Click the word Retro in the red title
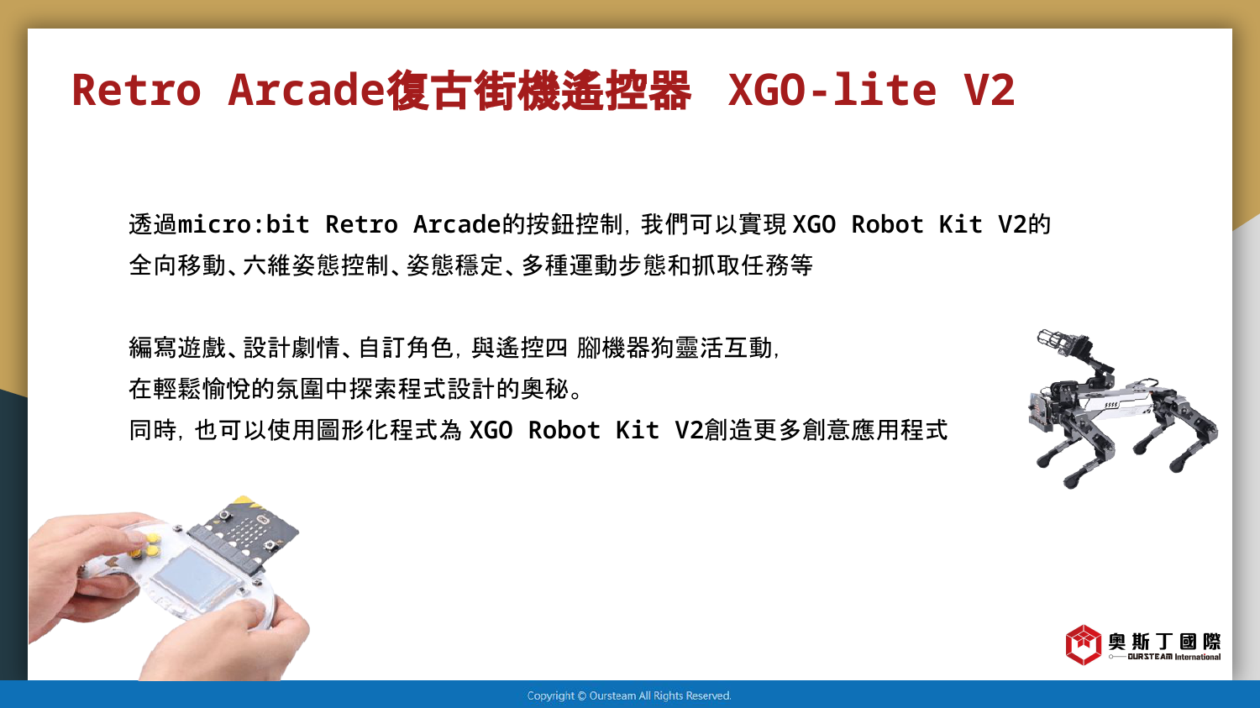[137, 90]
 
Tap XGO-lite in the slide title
[832, 90]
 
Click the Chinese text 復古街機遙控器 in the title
[539, 90]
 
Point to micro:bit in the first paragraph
[244, 224]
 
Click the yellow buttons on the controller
[145, 545]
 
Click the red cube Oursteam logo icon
[1083, 644]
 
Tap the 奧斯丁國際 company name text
[1164, 641]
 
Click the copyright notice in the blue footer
[629, 695]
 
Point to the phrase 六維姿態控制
[315, 265]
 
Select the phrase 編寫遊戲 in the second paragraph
[177, 348]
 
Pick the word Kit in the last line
[638, 430]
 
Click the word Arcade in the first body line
[457, 224]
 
